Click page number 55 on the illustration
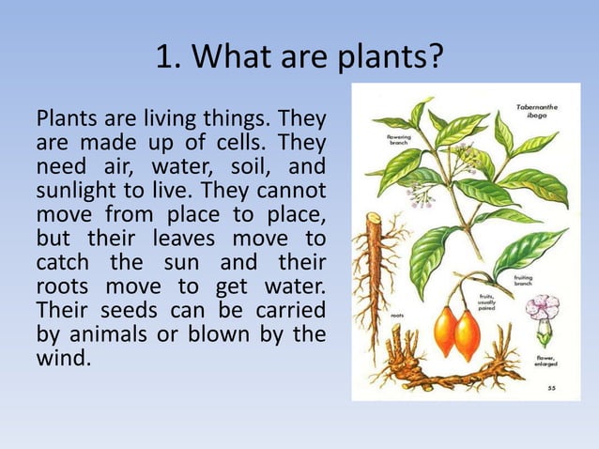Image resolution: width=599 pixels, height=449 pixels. click(x=551, y=386)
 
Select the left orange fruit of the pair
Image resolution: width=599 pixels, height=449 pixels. click(x=445, y=332)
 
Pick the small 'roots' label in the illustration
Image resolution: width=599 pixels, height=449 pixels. click(x=397, y=317)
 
